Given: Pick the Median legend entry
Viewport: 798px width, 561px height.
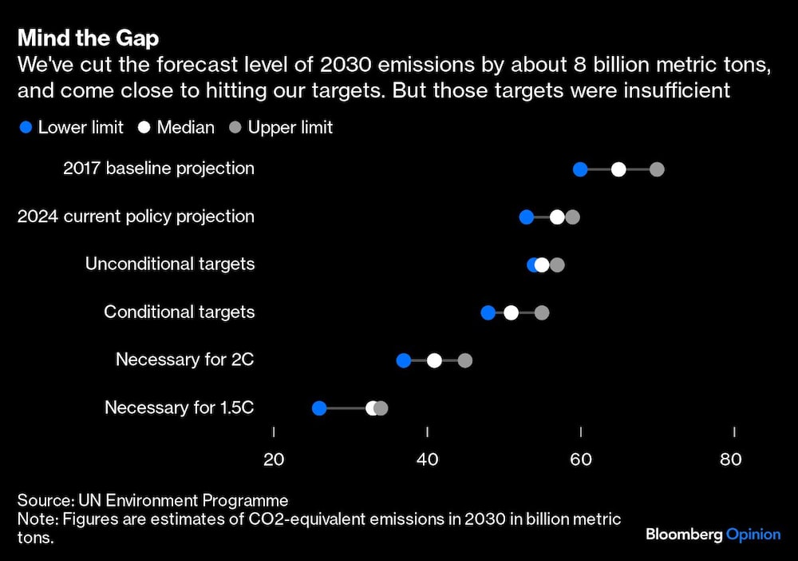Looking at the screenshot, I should point(176,127).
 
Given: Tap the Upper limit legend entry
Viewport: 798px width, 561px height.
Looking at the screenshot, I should point(282,127).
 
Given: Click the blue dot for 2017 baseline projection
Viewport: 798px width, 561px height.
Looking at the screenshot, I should point(580,169).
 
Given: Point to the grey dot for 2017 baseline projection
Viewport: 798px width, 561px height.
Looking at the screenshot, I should point(657,169).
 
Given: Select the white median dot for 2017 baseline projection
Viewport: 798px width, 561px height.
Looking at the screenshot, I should point(618,169).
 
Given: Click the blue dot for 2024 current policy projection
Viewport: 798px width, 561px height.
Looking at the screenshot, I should point(527,217).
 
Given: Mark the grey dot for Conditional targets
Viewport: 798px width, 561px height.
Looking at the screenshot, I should point(542,312).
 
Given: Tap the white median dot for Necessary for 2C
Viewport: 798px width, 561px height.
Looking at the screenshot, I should point(434,360).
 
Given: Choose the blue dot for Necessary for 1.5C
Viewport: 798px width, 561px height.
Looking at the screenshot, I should point(319,408).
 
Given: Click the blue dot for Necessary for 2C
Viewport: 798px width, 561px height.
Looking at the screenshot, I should point(404,360).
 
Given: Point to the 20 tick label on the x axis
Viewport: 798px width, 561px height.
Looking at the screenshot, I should point(274,460).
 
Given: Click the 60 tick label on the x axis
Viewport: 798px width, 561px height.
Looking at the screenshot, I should point(581,460).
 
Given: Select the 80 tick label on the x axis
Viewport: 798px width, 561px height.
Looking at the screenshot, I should point(730,460).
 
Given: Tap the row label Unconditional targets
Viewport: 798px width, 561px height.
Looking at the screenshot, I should point(170,264).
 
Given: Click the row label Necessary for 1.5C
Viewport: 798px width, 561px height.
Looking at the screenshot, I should point(180,408).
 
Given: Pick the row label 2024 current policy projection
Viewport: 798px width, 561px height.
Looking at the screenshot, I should point(136,216).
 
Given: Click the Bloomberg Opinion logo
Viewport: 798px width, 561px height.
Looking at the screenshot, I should point(713,534).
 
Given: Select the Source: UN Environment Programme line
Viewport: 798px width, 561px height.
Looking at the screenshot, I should point(152,501).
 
